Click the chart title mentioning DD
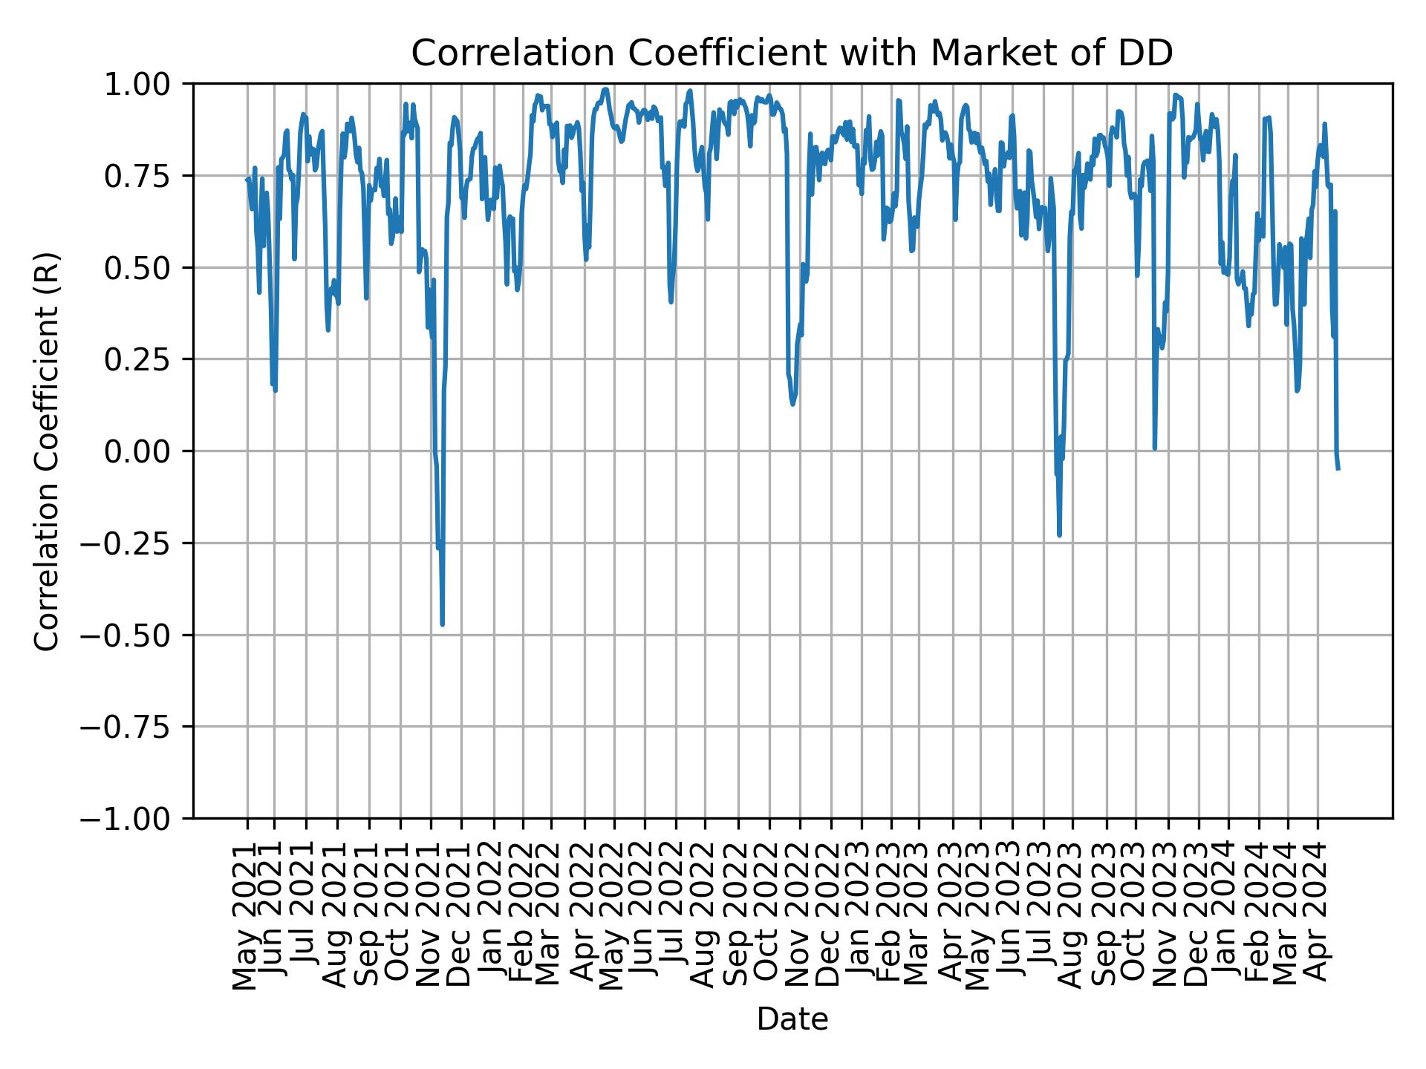792,53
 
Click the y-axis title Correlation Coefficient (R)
48,451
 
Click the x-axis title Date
792,1019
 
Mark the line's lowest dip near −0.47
443,624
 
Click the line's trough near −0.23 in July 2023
1059,534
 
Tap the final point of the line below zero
1338,468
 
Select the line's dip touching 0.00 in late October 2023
1154,448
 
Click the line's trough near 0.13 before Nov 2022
792,404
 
